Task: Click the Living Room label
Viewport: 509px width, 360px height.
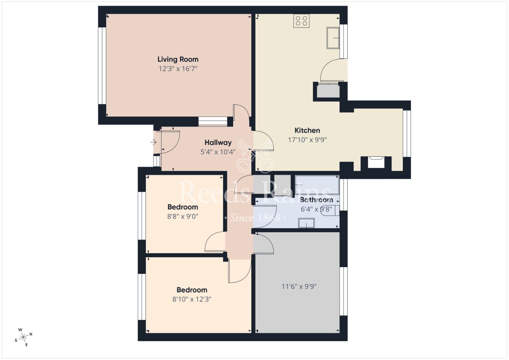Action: click(178, 59)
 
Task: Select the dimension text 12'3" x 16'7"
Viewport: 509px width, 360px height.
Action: click(178, 69)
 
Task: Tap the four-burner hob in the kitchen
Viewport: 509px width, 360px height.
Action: click(301, 21)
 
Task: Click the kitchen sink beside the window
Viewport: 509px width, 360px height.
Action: click(333, 38)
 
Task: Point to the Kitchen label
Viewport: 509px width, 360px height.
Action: click(307, 130)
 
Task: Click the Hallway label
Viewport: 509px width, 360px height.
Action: click(218, 143)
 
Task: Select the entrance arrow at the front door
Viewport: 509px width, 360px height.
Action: click(153, 142)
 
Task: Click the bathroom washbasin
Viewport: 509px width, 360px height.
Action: click(306, 223)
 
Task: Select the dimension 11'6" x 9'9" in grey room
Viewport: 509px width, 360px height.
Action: click(299, 287)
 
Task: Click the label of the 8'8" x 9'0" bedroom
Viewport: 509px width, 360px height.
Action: click(183, 207)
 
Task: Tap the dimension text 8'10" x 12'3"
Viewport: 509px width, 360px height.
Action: click(192, 299)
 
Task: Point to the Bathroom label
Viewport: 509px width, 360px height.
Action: click(316, 200)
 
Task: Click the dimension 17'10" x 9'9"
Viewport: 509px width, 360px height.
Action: click(307, 140)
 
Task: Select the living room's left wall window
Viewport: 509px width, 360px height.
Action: click(102, 66)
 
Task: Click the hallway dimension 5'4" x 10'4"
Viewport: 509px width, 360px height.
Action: click(218, 152)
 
